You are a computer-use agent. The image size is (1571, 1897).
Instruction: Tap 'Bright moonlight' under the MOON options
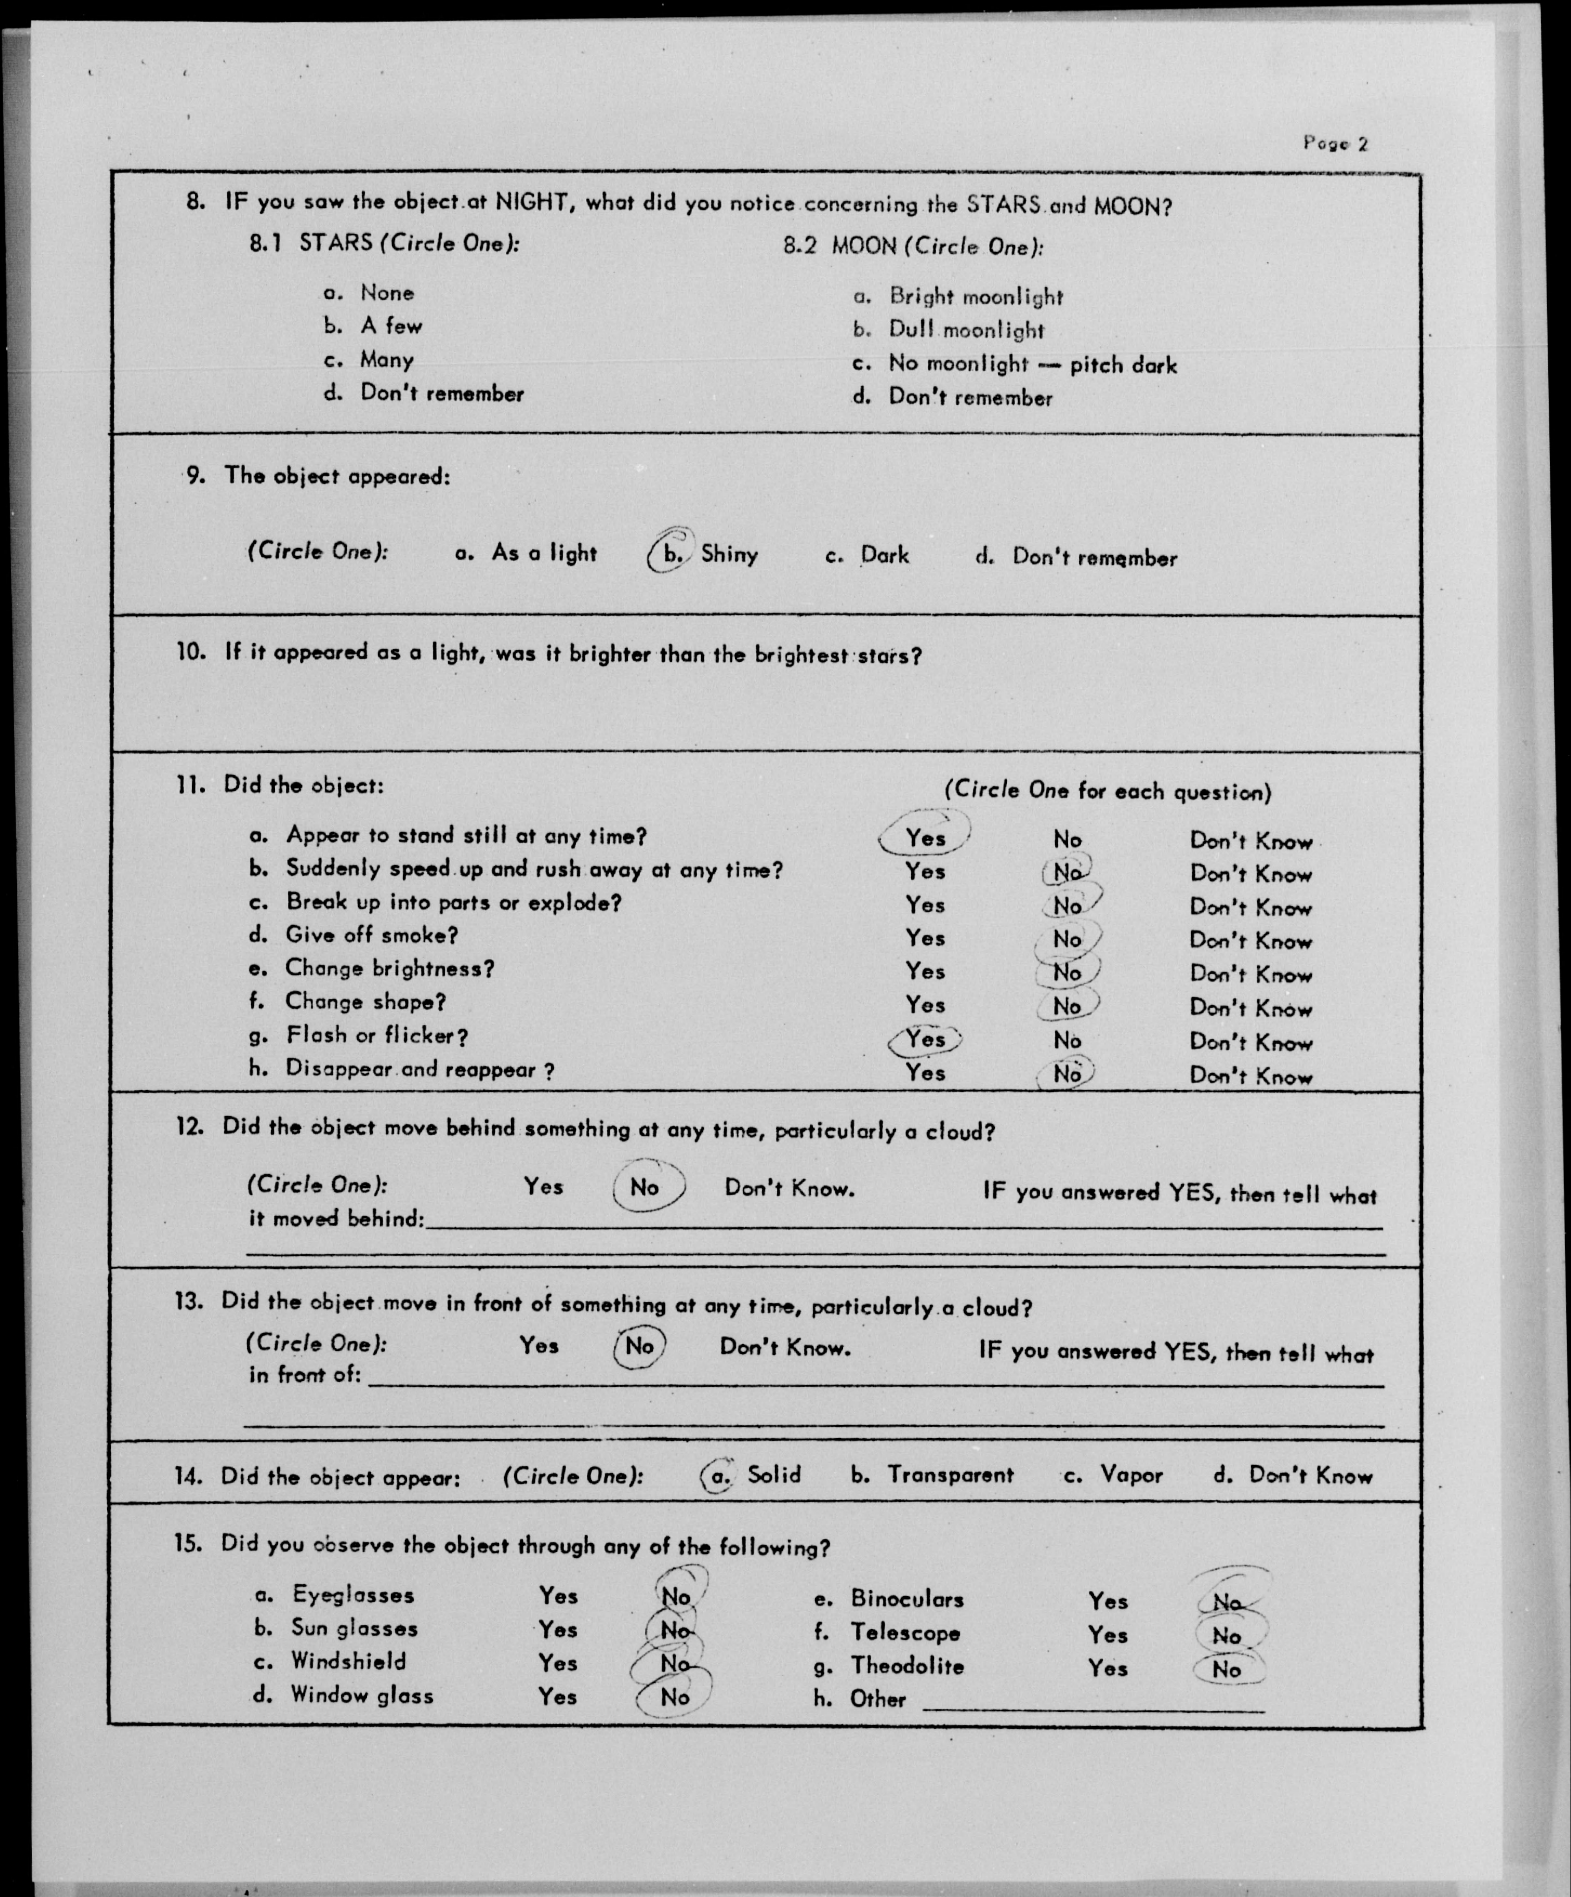pos(976,297)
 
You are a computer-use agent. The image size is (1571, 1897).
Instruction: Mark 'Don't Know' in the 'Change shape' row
pos(1250,1008)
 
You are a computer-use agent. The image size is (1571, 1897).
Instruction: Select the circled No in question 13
pos(639,1346)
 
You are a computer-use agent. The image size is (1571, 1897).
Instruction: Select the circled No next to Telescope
pos(1227,1635)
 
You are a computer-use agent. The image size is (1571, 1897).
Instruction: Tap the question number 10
pos(190,652)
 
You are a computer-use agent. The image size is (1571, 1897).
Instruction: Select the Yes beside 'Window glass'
pos(557,1696)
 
